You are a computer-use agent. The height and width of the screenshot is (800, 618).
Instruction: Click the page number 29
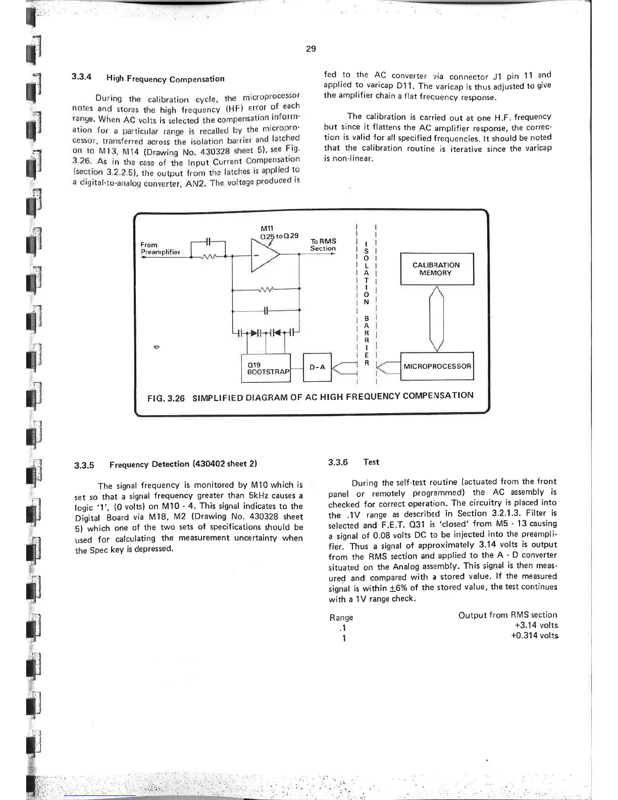311,49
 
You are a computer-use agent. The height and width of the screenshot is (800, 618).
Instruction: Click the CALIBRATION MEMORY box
437,269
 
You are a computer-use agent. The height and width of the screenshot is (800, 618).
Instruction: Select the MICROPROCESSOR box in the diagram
437,366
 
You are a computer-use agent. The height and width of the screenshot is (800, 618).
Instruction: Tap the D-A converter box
317,367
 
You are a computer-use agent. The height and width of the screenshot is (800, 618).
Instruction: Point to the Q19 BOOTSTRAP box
266,368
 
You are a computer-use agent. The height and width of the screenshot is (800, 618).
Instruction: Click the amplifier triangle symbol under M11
265,255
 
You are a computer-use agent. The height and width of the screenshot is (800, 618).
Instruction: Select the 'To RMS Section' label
323,244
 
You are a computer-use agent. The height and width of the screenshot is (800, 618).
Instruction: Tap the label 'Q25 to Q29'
279,236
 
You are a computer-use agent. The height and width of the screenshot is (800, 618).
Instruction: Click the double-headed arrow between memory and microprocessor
436,319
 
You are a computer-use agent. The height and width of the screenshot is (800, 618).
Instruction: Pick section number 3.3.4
81,77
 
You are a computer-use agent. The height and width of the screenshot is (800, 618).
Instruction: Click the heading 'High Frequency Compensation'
166,79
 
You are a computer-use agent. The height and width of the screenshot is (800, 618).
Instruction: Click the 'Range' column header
341,617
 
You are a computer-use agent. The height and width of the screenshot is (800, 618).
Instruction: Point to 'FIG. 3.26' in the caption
166,398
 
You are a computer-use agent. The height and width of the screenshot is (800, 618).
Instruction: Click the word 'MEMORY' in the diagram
436,273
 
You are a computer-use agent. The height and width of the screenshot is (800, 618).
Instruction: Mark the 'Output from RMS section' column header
507,615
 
